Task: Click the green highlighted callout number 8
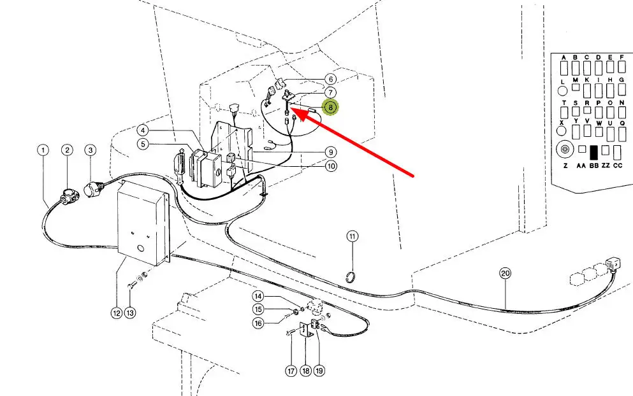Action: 330,107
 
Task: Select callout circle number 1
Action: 43,150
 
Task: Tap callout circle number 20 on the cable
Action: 506,274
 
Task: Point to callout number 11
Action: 353,236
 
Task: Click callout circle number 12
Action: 116,313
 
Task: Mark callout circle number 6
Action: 330,80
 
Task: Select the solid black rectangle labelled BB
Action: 594,152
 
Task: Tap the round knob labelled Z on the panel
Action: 564,151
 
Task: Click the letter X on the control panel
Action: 562,122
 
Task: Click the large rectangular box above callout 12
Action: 143,220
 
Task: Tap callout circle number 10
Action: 331,166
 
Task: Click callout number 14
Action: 258,296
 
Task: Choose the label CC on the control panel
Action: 617,165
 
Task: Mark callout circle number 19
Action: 318,370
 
